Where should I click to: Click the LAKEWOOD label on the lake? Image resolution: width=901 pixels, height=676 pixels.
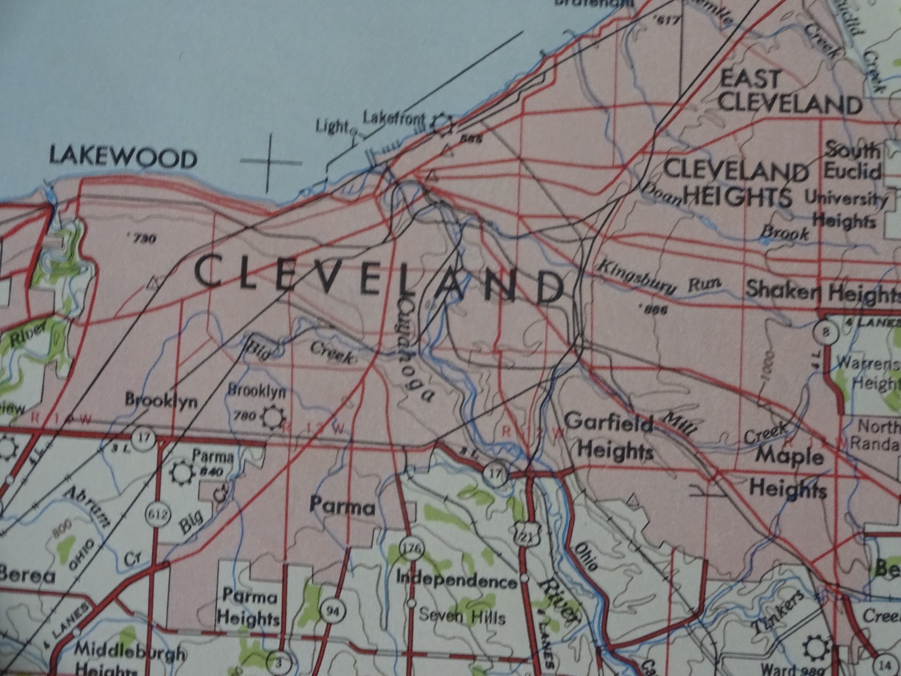click(123, 157)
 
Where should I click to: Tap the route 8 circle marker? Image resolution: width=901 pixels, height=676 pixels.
click(826, 331)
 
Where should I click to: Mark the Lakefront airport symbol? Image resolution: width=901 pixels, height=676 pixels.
click(443, 123)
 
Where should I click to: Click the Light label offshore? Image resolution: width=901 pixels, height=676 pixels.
click(332, 127)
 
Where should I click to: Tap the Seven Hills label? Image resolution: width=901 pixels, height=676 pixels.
click(462, 616)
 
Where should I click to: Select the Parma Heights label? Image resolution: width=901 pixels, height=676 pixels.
click(248, 607)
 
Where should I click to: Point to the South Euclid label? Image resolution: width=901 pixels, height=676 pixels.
click(852, 161)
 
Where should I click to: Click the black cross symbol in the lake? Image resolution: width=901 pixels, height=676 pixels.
click(270, 162)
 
